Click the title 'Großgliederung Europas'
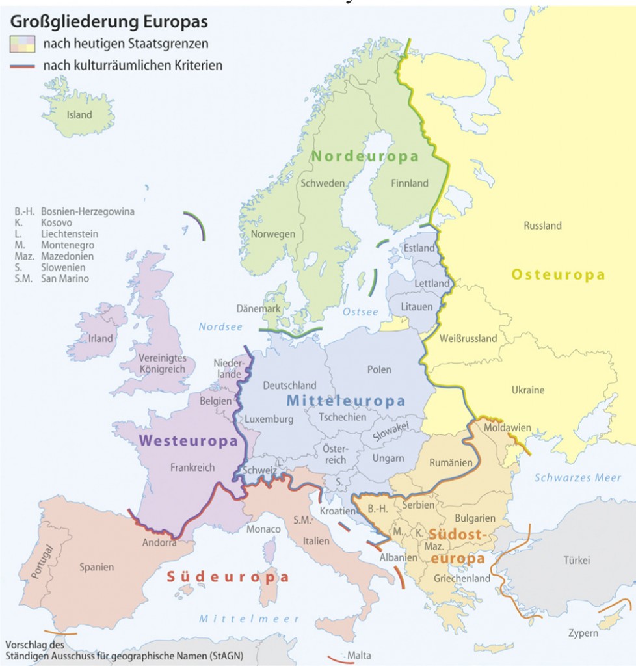point(109,21)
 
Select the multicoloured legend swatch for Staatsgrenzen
point(22,44)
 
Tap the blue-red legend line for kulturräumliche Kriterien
point(22,66)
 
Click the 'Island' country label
point(79,115)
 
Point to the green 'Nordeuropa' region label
point(364,157)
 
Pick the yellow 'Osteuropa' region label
point(558,275)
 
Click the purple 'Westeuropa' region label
point(187,441)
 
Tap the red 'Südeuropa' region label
point(228,577)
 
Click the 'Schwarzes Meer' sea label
point(577,478)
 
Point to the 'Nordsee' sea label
point(220,327)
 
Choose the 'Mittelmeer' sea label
point(249,619)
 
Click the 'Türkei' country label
point(576,560)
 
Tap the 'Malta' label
point(360,655)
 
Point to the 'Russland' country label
point(542,226)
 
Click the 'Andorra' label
point(159,542)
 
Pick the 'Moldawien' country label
point(507,428)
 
